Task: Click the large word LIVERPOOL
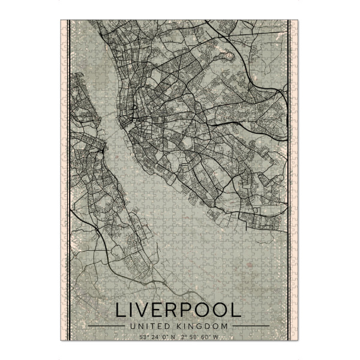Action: [x=178, y=311]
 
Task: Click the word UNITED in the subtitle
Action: [x=146, y=326]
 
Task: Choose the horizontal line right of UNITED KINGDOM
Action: [x=250, y=326]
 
